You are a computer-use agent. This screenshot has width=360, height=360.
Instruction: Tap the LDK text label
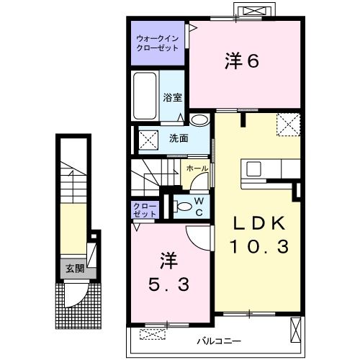(258, 223)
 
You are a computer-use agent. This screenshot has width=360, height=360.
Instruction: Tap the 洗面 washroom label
(179, 138)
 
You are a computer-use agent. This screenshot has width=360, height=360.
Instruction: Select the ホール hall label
(197, 168)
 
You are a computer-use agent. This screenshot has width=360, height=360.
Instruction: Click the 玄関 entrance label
(75, 268)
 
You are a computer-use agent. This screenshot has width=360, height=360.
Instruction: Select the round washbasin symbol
(199, 120)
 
